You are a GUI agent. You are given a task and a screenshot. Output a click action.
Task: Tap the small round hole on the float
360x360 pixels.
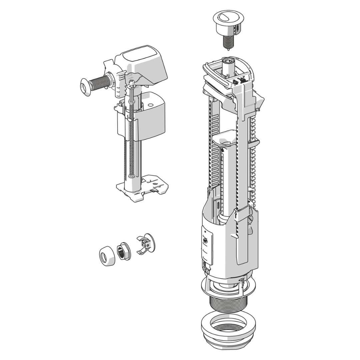pyautogui.click(x=150, y=104)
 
